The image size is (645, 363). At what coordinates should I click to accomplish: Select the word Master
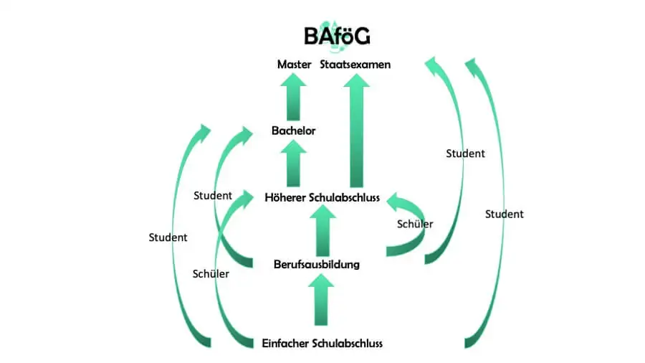[x=294, y=65]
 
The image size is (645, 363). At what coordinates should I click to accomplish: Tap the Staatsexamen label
[x=355, y=65]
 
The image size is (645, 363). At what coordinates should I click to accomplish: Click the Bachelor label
[x=293, y=131]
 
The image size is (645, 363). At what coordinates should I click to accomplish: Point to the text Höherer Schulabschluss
[x=322, y=197]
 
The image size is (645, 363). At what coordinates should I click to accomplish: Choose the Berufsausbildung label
[x=316, y=265]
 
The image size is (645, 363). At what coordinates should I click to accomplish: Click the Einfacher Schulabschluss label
[x=322, y=343]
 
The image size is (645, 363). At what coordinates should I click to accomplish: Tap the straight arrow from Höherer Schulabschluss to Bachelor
[x=292, y=164]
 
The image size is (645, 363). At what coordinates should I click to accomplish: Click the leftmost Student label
[x=168, y=237]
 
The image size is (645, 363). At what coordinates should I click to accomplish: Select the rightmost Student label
[x=504, y=214]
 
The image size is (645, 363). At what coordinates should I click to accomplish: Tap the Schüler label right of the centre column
[x=415, y=224]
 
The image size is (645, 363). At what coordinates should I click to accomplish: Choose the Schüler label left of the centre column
[x=211, y=273]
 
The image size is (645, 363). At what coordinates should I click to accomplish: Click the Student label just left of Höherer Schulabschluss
[x=213, y=195]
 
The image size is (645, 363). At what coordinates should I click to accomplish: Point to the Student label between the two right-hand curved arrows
[x=465, y=154]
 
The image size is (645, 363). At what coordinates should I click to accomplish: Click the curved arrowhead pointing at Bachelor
[x=245, y=131]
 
